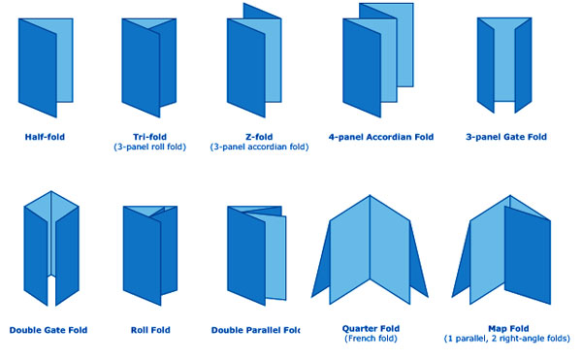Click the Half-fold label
coord(45,137)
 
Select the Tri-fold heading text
coord(150,137)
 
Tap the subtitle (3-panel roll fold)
coord(150,147)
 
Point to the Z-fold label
coord(259,137)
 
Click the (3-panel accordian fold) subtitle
coord(259,147)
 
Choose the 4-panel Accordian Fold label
coord(381,137)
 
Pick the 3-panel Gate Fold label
coord(506,137)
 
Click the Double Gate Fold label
coord(48,330)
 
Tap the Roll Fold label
coord(150,330)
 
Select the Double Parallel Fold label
coord(255,330)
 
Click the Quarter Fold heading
coord(371,328)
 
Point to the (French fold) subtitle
coord(371,339)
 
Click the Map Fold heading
coord(508,328)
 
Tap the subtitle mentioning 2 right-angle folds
coord(507,339)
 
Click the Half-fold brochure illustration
coord(46,68)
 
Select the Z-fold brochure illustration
coord(254,60)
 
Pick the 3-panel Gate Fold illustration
coord(504,65)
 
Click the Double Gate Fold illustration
coord(51,248)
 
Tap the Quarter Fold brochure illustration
coord(370,249)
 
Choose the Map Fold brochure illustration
coord(501,249)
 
